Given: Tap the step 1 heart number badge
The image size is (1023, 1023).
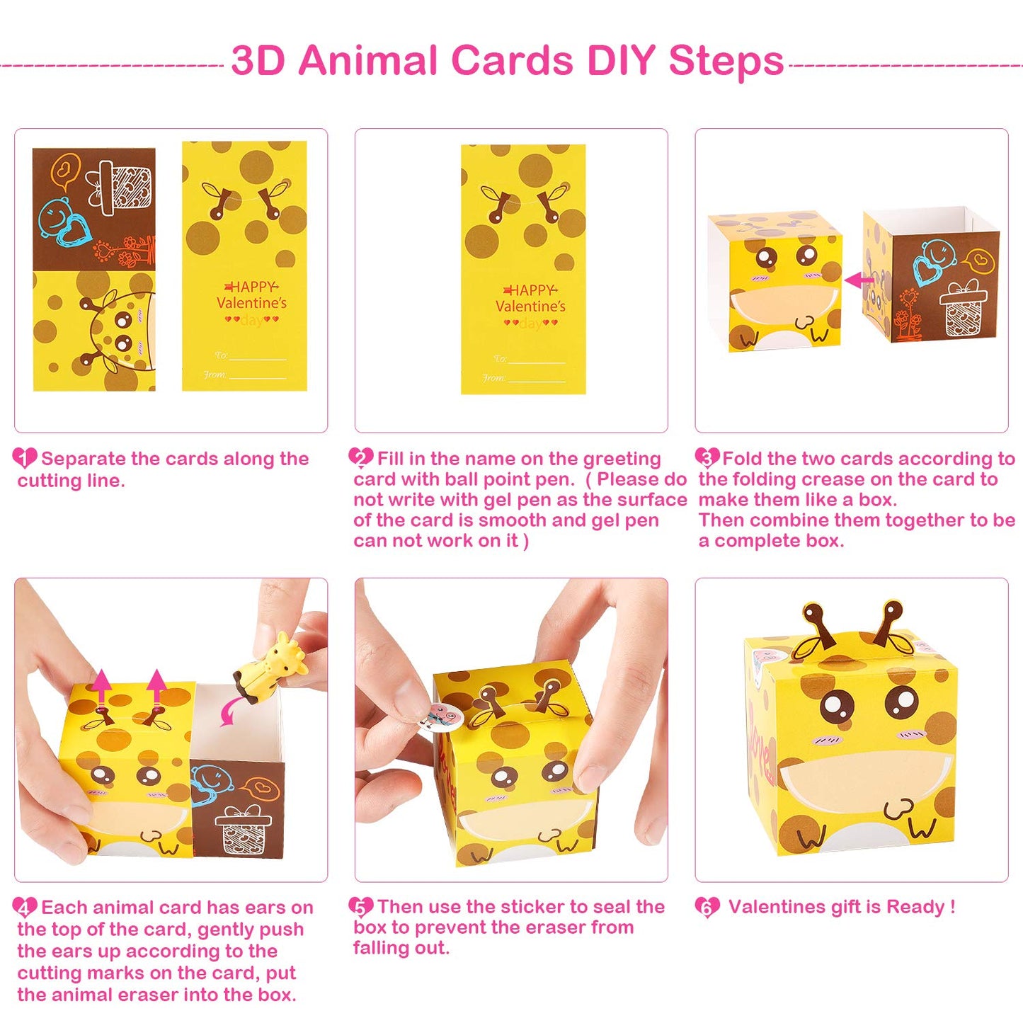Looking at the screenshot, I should click(x=25, y=458).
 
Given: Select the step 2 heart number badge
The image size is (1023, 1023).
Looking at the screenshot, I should click(x=360, y=458).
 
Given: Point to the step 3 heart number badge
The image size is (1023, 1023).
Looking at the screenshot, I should click(x=707, y=457).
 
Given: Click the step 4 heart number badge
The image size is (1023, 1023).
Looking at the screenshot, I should click(x=25, y=908).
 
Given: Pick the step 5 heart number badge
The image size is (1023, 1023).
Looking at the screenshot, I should click(x=360, y=907).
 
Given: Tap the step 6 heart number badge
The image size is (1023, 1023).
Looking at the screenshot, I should click(x=707, y=907).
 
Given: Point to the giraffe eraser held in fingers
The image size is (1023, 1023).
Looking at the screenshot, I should click(x=272, y=665).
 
